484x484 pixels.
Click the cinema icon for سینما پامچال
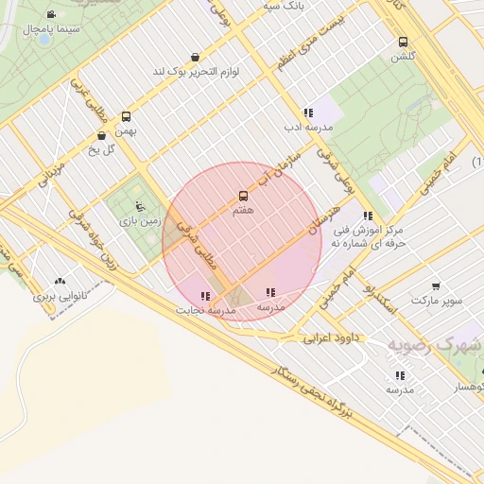(x=50, y=15)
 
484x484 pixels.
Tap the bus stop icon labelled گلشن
(x=404, y=42)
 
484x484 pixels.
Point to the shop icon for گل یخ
(x=101, y=135)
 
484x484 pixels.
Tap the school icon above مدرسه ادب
(x=308, y=112)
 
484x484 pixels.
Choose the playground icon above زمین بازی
(x=140, y=206)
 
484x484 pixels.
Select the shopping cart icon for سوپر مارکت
(x=436, y=285)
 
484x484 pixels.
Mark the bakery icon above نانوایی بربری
(x=60, y=281)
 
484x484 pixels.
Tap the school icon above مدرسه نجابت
(x=205, y=296)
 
